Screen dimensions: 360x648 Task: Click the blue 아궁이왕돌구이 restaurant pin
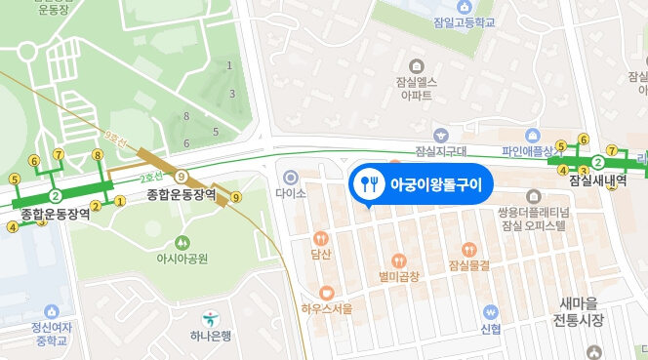tap(369, 182)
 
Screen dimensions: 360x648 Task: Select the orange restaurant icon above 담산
tap(321, 237)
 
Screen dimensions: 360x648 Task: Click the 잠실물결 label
tap(468, 265)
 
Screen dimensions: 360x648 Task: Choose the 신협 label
tap(491, 329)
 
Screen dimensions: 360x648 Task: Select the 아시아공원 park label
tap(182, 259)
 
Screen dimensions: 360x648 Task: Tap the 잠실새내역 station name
tap(597, 181)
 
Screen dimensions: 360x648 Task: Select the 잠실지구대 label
tap(442, 151)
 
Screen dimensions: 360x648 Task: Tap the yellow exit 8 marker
tap(97, 155)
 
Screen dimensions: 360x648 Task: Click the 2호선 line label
tap(151, 178)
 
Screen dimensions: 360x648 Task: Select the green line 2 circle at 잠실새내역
tap(597, 162)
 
